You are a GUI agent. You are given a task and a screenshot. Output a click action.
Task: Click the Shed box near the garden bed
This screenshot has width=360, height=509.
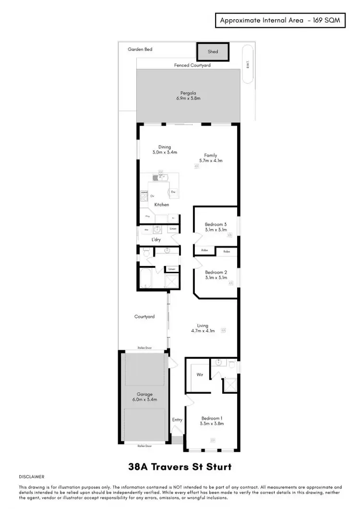(x=213, y=51)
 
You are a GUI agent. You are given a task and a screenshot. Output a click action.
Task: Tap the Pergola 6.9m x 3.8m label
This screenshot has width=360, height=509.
(x=188, y=96)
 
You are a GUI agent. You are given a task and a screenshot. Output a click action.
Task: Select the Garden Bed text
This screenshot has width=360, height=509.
(x=140, y=49)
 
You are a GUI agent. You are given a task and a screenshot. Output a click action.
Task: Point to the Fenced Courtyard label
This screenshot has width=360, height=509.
(x=192, y=65)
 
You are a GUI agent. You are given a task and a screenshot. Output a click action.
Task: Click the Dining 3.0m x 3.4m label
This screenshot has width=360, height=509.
(x=165, y=150)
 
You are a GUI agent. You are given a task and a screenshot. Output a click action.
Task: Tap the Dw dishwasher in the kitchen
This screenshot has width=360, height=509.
(x=173, y=192)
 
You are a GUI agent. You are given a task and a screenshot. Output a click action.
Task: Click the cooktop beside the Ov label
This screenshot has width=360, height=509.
(x=144, y=194)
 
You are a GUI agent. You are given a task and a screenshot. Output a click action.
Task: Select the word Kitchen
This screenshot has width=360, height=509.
(x=161, y=205)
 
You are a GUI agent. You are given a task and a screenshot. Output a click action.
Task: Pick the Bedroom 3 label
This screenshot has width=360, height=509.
(x=216, y=224)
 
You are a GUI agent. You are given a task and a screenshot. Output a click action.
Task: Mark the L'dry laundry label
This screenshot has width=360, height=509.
(x=156, y=239)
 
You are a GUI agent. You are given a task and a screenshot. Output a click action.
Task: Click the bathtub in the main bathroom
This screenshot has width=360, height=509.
(x=146, y=278)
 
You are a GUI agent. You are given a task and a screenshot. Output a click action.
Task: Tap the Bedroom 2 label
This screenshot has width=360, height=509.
(x=216, y=272)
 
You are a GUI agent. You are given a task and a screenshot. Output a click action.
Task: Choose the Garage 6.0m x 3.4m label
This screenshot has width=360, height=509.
(x=144, y=397)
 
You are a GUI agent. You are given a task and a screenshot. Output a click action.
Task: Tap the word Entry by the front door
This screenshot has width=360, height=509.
(x=177, y=420)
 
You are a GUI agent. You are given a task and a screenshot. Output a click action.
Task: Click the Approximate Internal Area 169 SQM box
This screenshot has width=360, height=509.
(x=280, y=21)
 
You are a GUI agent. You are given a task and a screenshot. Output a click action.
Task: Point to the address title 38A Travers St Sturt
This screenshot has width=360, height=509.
(x=180, y=466)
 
